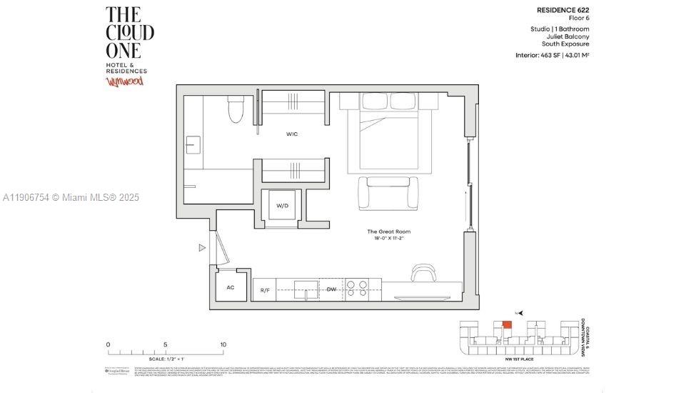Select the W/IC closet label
[292, 134]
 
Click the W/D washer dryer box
[283, 206]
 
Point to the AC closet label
[231, 287]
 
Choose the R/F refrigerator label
[264, 290]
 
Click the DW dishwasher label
[331, 289]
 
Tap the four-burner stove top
[357, 288]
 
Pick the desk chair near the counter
[423, 273]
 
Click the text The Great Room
[389, 232]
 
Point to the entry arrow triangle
[202, 248]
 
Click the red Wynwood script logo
[125, 81]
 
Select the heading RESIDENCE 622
[563, 10]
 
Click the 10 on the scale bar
[223, 344]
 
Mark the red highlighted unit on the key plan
[507, 324]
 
